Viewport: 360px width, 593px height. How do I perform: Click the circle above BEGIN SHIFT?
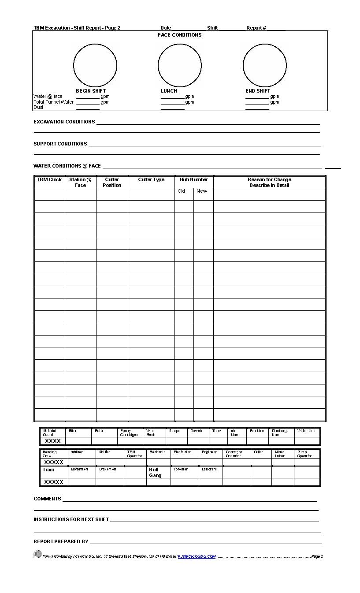[95, 65]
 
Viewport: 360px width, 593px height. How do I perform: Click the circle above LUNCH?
[180, 65]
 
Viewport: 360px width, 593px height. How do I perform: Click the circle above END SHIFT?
[265, 65]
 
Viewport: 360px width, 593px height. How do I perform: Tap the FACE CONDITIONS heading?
[180, 35]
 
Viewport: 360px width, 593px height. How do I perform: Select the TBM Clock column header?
[49, 180]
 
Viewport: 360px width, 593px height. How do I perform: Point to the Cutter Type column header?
[151, 180]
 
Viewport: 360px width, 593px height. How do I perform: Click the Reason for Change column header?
[269, 182]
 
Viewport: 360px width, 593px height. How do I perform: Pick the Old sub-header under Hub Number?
[181, 191]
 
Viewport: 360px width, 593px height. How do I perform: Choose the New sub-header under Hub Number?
[202, 191]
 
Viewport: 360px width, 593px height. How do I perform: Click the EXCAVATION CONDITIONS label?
[64, 122]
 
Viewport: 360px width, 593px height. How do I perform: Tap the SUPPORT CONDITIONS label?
[60, 144]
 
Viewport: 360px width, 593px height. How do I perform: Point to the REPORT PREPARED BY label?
[61, 541]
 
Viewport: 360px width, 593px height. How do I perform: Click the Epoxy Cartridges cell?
[129, 433]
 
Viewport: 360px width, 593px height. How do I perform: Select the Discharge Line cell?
[280, 433]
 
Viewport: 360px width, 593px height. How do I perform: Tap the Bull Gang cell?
[155, 473]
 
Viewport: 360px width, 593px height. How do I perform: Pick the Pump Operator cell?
[304, 454]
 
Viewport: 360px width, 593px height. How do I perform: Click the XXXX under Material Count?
[53, 441]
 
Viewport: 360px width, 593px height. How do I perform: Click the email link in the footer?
[197, 556]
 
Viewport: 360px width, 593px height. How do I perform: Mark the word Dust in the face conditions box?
[38, 108]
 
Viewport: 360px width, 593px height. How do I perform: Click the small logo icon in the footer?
[37, 554]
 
